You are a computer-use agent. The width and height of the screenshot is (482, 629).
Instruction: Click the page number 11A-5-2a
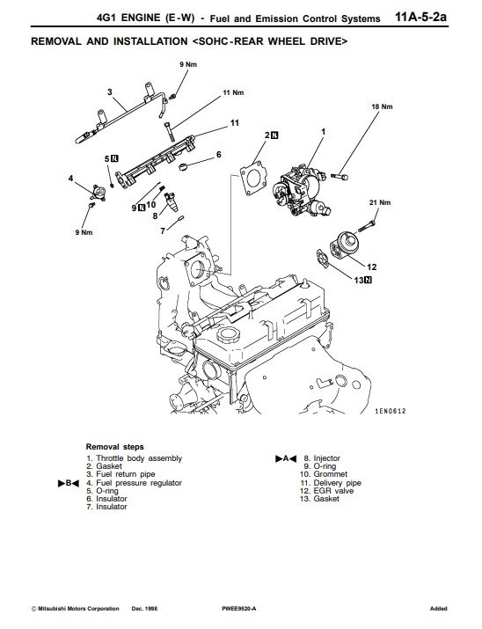tap(420, 18)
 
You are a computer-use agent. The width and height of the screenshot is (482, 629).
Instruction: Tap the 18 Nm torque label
tap(382, 106)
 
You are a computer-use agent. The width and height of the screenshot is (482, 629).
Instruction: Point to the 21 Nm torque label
tap(380, 202)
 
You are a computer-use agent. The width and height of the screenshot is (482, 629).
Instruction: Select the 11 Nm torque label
tap(233, 92)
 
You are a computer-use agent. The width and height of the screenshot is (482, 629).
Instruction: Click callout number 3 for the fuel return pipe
tap(110, 92)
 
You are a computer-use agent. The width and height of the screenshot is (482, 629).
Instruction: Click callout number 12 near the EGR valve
tap(372, 267)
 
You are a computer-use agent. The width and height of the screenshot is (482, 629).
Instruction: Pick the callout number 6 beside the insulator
tap(218, 155)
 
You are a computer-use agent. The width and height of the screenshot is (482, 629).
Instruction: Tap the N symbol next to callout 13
tap(368, 280)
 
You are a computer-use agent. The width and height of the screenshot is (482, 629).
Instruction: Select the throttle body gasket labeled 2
tap(253, 179)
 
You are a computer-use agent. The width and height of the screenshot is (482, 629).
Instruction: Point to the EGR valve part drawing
tap(344, 245)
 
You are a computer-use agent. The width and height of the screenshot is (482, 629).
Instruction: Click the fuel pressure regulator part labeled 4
tap(98, 193)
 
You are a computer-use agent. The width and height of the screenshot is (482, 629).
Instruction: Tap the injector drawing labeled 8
tap(171, 202)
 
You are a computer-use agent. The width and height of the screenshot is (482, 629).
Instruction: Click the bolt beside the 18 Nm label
tap(340, 176)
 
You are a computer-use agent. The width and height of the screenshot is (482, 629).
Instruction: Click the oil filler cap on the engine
tap(226, 334)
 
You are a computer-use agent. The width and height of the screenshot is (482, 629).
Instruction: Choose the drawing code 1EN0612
tap(391, 411)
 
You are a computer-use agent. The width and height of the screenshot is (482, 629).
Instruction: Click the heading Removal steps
tap(114, 447)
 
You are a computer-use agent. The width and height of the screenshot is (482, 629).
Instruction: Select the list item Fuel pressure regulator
tap(139, 483)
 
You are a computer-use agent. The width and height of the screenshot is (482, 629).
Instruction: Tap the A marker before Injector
tap(286, 458)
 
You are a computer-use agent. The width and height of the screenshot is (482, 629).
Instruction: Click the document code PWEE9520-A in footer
tap(238, 609)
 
